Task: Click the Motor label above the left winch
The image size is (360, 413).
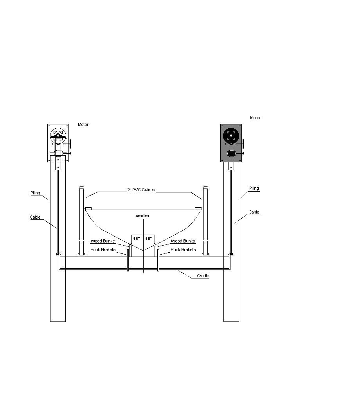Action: point(83,125)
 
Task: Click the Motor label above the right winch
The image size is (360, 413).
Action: point(255,118)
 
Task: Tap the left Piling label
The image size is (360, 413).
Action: point(35,193)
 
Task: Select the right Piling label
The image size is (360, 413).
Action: point(254,189)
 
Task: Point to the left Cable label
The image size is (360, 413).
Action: point(35,217)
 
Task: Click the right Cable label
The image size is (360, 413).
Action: point(254,212)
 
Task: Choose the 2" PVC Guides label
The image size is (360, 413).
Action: point(141,190)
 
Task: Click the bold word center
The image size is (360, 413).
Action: point(142,215)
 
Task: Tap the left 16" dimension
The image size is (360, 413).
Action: point(137,239)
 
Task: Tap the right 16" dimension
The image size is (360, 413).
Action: point(149,239)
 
